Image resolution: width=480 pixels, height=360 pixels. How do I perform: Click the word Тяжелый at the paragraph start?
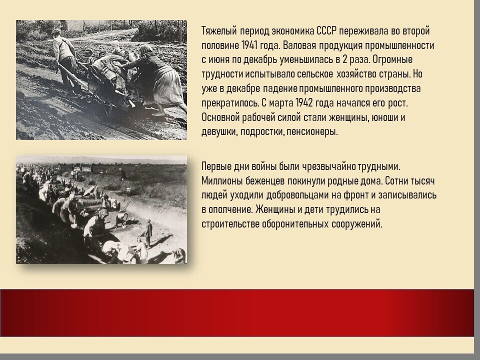click(219, 31)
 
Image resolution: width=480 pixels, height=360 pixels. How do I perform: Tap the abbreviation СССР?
click(326, 31)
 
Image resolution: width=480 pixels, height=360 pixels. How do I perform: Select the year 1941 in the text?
click(249, 45)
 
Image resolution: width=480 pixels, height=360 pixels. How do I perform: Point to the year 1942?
click(304, 103)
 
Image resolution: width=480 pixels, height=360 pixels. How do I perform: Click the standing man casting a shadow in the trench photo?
click(148, 232)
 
